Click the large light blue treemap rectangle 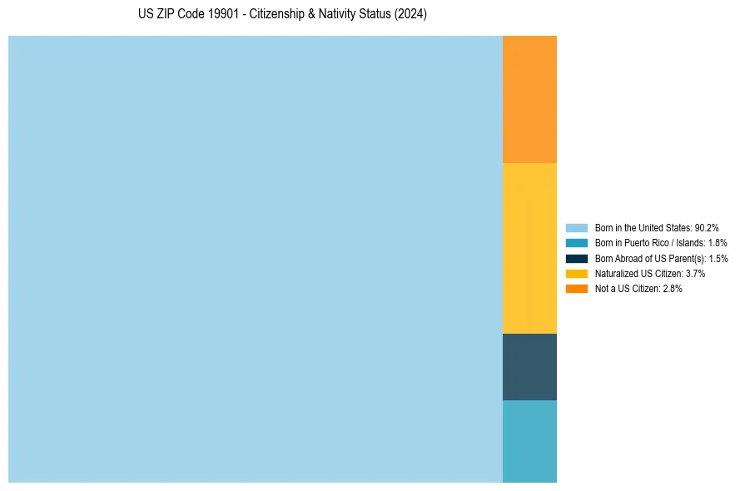click(x=255, y=259)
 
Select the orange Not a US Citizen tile click(x=529, y=99)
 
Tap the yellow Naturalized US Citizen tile click(x=529, y=248)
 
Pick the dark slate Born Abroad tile click(x=529, y=367)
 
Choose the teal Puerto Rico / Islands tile click(x=529, y=441)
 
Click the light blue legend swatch click(x=577, y=227)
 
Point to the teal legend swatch click(x=577, y=243)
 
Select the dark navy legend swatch click(x=577, y=258)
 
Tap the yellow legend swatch click(x=577, y=273)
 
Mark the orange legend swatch click(x=577, y=288)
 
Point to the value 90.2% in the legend click(x=707, y=227)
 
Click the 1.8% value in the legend click(x=717, y=243)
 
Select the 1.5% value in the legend click(x=718, y=258)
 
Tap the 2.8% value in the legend click(x=672, y=288)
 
